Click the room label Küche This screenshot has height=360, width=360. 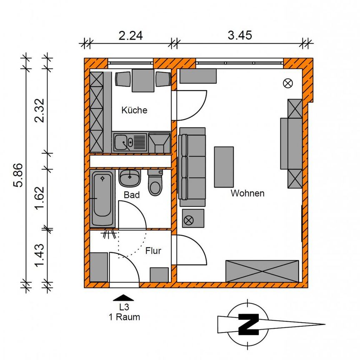point(134,110)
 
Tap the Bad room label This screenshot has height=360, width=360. point(132,195)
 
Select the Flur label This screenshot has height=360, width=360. point(153,251)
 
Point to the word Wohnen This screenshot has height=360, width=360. point(247,193)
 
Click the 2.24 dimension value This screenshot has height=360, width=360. point(131,36)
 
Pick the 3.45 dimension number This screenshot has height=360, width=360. point(240,36)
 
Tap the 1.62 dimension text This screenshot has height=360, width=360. point(40,198)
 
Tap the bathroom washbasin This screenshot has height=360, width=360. point(130,178)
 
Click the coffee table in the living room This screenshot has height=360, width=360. point(224,167)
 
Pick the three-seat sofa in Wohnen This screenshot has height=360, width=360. point(192,167)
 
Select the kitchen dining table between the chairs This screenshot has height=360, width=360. point(143,80)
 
